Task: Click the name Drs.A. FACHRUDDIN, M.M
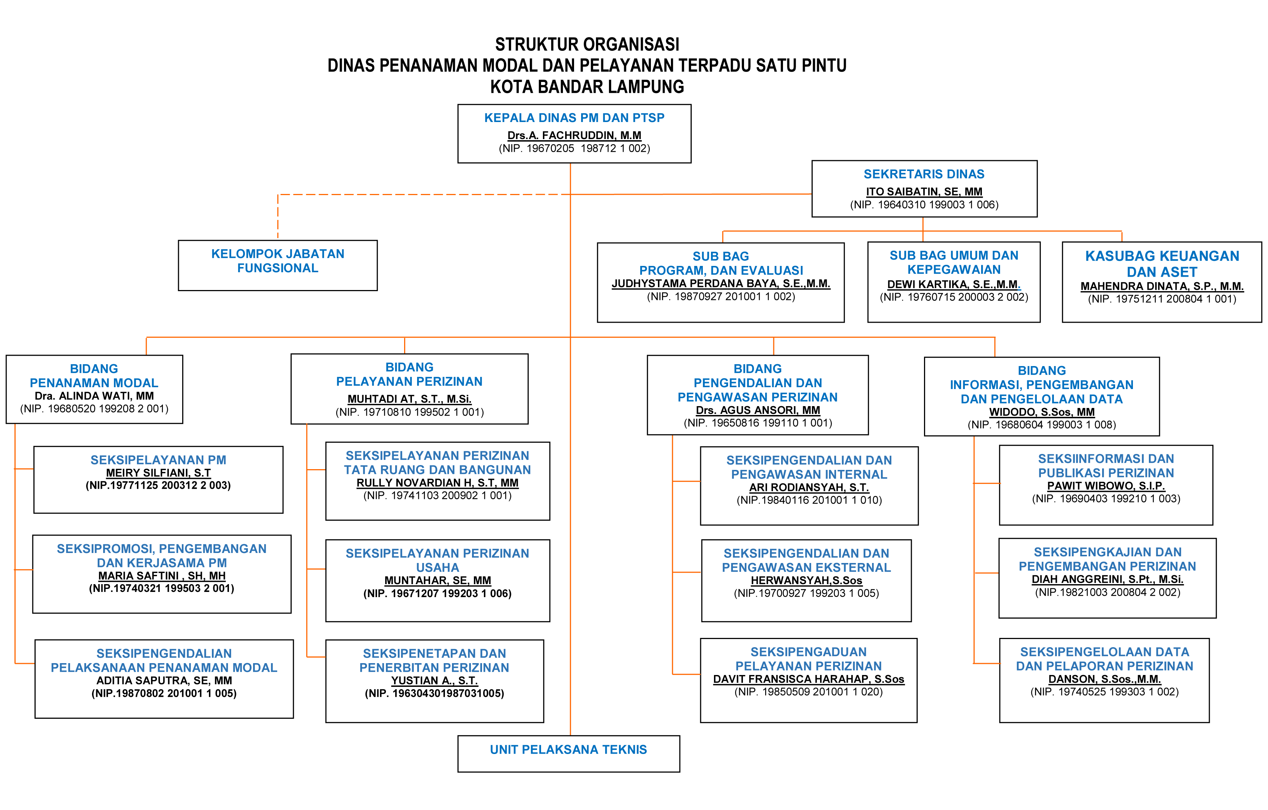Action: point(574,135)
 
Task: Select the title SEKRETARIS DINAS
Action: point(924,174)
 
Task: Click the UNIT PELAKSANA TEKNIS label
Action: point(568,750)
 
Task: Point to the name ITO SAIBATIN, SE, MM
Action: point(924,192)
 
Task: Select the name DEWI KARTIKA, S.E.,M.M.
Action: point(953,284)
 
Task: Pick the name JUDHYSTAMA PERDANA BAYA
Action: point(720,284)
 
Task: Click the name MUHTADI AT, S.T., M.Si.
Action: point(409,399)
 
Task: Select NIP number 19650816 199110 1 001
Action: point(757,423)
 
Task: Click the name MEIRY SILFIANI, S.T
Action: point(158,472)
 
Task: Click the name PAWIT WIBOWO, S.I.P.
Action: point(1105,486)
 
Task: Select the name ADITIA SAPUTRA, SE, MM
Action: point(164,681)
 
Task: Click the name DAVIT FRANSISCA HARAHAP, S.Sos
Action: point(808,679)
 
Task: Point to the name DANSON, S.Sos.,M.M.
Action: point(1104,679)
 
